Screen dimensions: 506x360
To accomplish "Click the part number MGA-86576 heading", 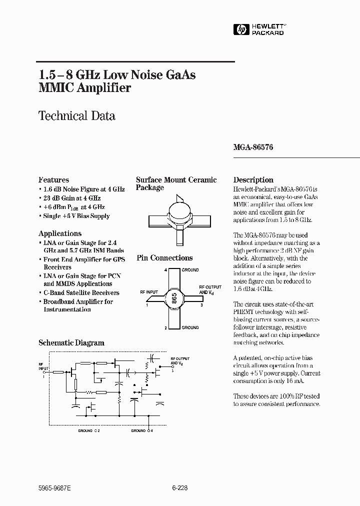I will click(x=253, y=148).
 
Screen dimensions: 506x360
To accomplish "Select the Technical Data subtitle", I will click(x=77, y=116).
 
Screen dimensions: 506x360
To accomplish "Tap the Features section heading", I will click(x=54, y=180).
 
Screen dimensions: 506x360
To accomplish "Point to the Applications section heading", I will click(x=60, y=233).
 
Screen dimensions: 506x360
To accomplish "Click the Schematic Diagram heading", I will click(x=71, y=343).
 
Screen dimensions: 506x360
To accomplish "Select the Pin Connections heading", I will click(x=164, y=258).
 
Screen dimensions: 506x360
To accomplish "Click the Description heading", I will click(x=253, y=180).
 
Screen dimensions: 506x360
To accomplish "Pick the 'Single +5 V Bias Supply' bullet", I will click(x=76, y=216).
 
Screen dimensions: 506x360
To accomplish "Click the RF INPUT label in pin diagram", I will click(x=149, y=292).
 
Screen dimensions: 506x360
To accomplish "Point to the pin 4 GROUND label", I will click(x=190, y=270).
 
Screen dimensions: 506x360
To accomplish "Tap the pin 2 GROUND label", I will click(x=190, y=327).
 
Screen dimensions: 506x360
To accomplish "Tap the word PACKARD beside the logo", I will click(x=267, y=33).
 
